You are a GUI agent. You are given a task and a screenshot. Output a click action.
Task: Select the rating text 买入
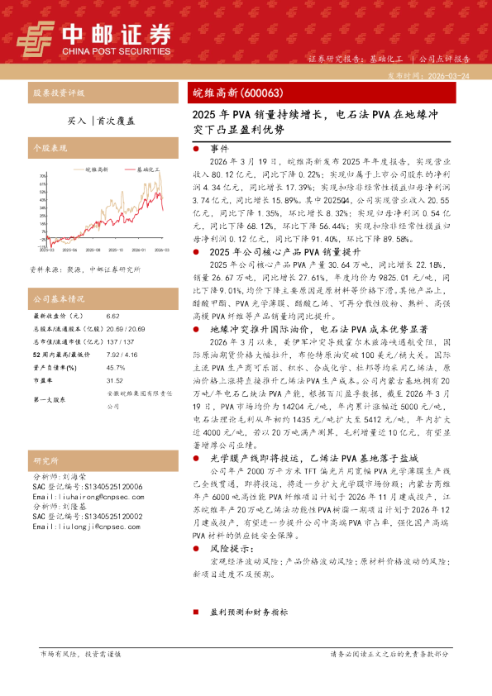76,120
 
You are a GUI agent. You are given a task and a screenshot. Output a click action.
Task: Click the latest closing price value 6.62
113,316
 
